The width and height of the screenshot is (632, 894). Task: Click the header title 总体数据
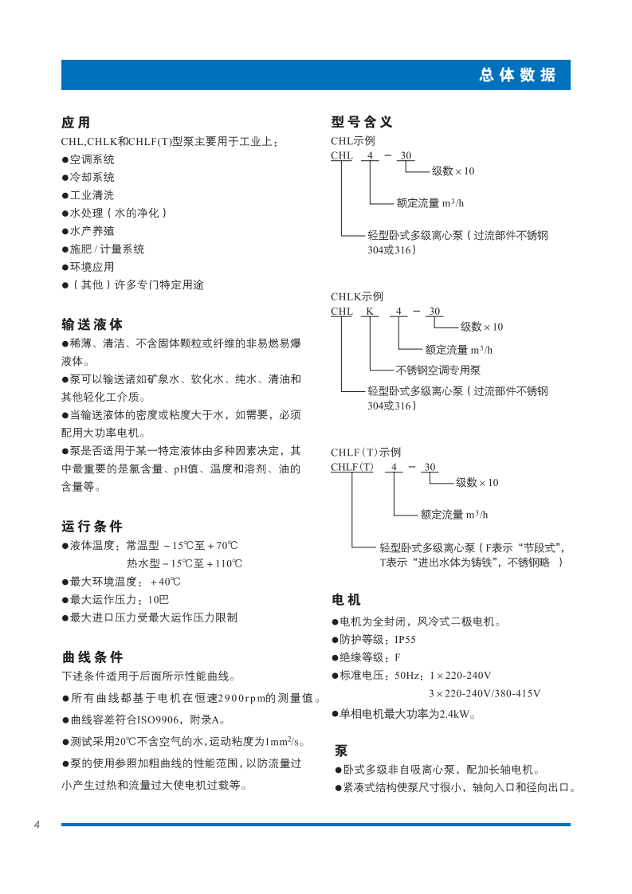[517, 76]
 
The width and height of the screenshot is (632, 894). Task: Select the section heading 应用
[76, 123]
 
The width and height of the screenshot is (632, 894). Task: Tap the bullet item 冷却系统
[92, 177]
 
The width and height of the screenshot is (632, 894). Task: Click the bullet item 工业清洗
[92, 195]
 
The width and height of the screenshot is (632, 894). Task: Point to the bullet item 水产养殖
[92, 231]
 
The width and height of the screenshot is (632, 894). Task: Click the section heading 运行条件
[92, 527]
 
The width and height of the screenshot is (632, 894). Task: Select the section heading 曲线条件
[92, 657]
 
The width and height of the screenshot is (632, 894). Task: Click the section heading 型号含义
[362, 123]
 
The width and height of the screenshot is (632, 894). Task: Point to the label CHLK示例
[356, 296]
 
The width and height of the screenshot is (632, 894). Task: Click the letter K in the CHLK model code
[368, 312]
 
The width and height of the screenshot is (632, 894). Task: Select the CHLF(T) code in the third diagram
[351, 467]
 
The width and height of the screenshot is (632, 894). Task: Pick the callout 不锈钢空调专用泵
[438, 371]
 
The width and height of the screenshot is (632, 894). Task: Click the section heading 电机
[346, 601]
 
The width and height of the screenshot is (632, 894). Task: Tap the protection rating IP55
[405, 640]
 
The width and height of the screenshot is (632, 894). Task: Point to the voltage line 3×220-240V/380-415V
[484, 693]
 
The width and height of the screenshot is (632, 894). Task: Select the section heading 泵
[341, 751]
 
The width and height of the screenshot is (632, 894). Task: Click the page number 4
[37, 824]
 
